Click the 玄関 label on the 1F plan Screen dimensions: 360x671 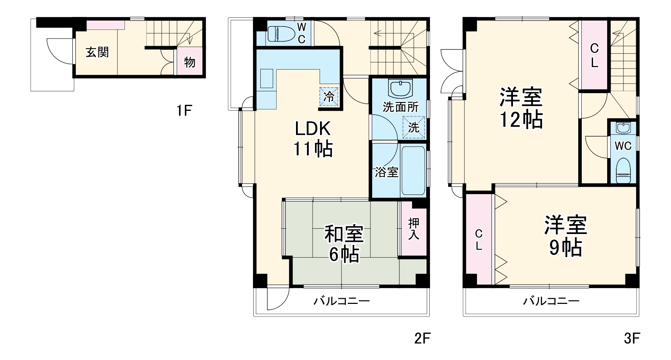[x=97, y=53]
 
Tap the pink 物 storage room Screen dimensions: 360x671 [x=189, y=62]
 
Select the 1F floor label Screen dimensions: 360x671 [x=184, y=111]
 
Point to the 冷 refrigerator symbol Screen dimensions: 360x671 [x=329, y=96]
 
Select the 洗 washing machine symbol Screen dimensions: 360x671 [x=413, y=127]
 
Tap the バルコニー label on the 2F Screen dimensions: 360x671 [x=341, y=301]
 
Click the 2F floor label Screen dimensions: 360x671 [x=422, y=338]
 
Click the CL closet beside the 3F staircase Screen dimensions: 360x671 [x=594, y=55]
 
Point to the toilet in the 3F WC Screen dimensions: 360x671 [x=623, y=170]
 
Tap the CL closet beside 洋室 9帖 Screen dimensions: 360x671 [x=478, y=240]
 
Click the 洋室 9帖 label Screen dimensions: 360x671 [x=565, y=236]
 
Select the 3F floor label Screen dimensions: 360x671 [x=631, y=338]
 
